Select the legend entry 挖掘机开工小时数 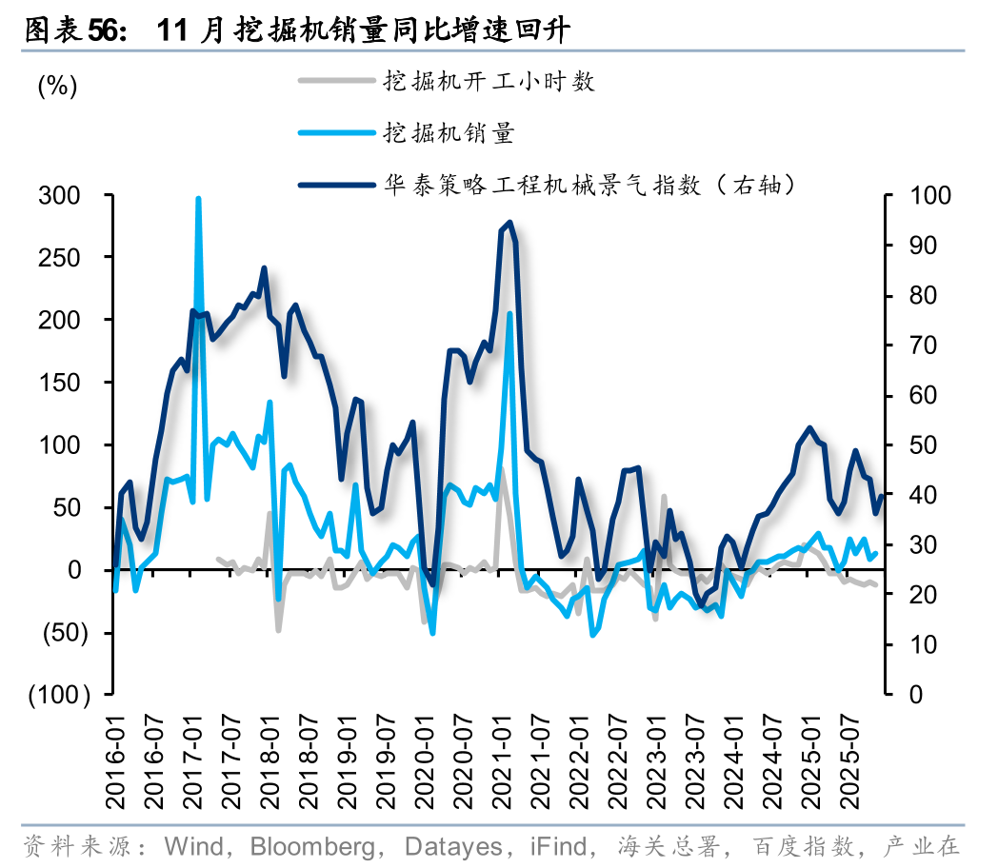pos(489,81)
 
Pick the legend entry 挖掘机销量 pos(449,132)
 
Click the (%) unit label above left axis pos(57,86)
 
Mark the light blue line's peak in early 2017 pos(198,199)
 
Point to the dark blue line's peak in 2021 pos(510,223)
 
